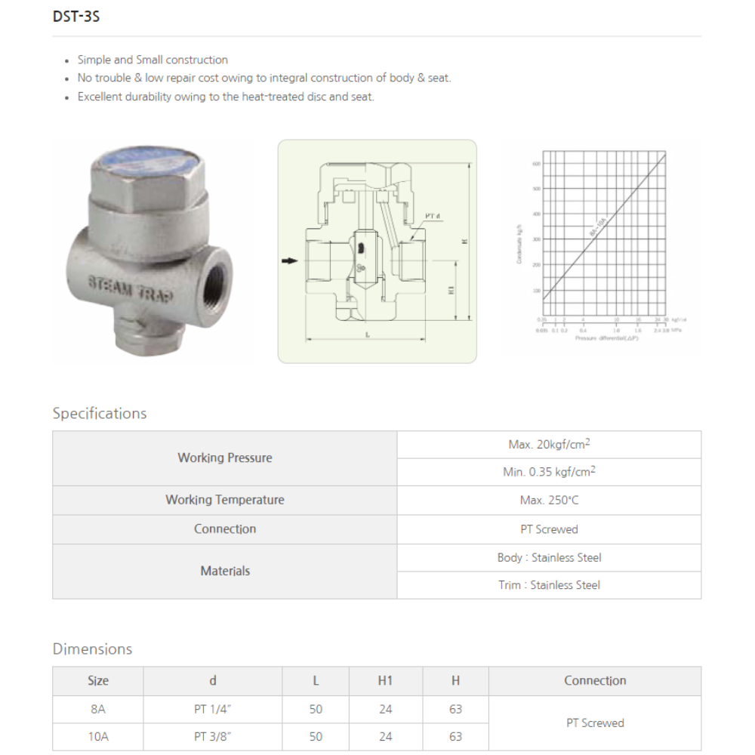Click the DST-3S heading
point(76,16)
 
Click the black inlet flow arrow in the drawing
point(289,261)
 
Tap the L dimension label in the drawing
point(366,332)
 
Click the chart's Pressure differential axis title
point(606,338)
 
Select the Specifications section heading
point(100,413)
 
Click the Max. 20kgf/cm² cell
point(549,444)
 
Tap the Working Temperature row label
point(224,500)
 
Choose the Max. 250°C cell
point(549,500)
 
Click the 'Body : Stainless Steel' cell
point(549,557)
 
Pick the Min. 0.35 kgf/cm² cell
point(549,471)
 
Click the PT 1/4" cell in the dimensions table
point(212,709)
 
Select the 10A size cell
point(98,736)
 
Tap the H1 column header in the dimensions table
point(385,680)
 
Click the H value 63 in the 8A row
point(455,709)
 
